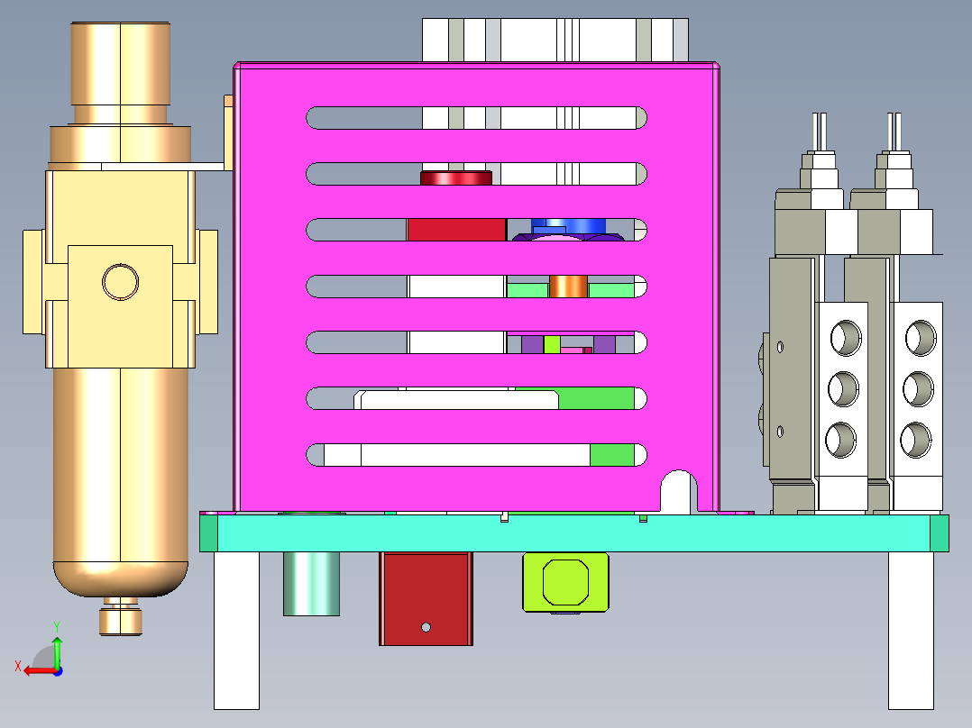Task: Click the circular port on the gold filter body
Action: [x=120, y=281]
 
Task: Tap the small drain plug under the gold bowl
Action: [x=121, y=620]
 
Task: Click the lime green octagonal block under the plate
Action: [x=565, y=581]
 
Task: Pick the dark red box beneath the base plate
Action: [x=426, y=598]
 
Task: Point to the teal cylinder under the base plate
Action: [x=312, y=584]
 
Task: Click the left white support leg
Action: [x=236, y=630]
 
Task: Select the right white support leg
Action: [x=911, y=630]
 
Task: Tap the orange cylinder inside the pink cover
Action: [x=568, y=287]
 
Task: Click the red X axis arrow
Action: [x=33, y=670]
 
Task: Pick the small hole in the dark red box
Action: [x=426, y=626]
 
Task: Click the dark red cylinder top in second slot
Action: [x=456, y=177]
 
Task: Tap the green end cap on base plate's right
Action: [x=939, y=533]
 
